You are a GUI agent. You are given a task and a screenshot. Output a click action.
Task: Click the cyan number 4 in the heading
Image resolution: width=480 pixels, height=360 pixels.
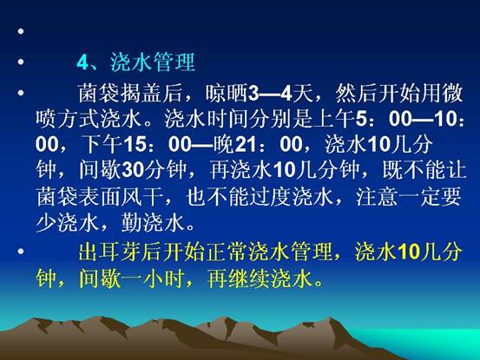(x=83, y=62)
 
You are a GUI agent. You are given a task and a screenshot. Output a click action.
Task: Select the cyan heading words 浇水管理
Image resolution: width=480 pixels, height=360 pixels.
(x=153, y=62)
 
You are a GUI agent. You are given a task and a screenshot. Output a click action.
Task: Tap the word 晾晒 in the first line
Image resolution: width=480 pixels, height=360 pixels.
(x=227, y=93)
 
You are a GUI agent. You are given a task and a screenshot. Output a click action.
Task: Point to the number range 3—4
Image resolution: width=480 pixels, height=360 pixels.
(x=269, y=94)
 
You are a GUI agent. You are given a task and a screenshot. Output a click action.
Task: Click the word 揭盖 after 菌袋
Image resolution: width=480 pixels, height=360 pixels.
(x=141, y=93)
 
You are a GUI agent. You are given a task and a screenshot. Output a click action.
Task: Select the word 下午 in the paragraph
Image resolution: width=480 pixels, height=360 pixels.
(x=102, y=144)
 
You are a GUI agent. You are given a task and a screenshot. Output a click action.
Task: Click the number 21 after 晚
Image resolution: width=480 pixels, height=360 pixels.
(x=245, y=144)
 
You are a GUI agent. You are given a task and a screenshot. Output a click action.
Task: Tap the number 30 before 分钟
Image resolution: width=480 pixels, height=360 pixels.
(x=133, y=170)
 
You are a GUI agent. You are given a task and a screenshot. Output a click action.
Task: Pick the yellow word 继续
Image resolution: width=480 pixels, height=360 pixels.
(x=248, y=278)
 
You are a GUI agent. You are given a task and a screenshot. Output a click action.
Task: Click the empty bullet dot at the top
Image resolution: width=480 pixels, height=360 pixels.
(x=21, y=31)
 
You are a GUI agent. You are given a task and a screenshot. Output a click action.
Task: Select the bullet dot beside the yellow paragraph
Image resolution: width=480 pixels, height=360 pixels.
(x=21, y=252)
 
